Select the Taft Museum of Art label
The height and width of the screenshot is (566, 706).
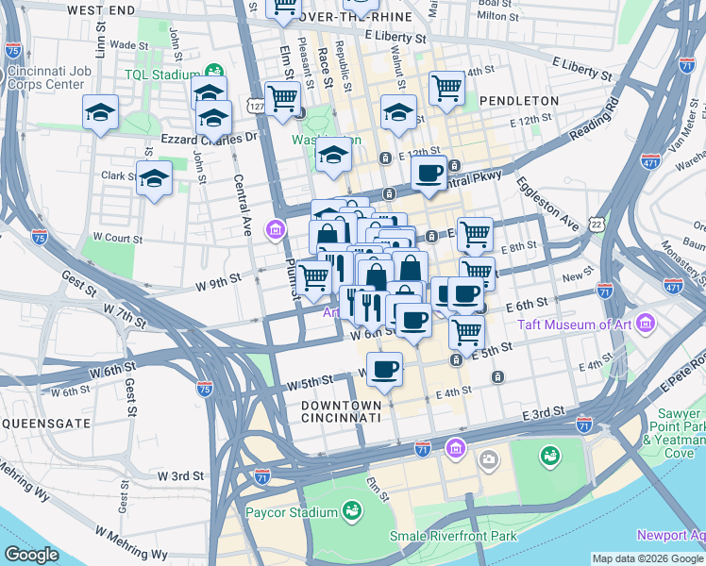pyautogui.click(x=579, y=325)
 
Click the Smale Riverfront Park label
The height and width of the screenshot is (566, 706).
pyautogui.click(x=454, y=537)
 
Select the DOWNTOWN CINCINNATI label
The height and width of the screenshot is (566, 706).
pyautogui.click(x=341, y=410)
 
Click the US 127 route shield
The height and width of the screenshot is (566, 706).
pyautogui.click(x=256, y=107)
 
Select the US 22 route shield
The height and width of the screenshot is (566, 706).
pyautogui.click(x=597, y=223)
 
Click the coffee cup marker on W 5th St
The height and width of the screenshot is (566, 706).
pyautogui.click(x=384, y=369)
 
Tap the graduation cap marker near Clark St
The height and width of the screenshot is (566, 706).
pyautogui.click(x=154, y=176)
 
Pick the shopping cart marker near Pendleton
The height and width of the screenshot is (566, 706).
pyautogui.click(x=446, y=88)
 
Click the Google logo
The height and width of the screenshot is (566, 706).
pyautogui.click(x=31, y=555)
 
